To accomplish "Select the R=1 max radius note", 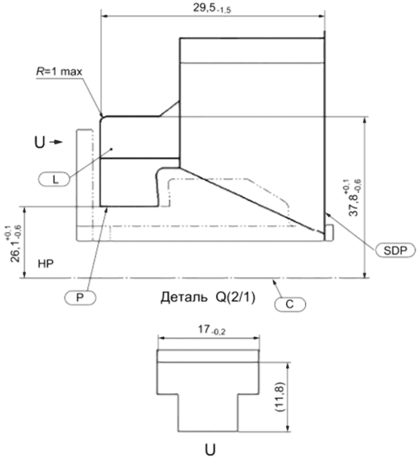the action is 59,72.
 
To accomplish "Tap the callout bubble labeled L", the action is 54,179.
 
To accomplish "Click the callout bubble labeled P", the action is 80,298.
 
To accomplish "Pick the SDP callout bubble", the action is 395,250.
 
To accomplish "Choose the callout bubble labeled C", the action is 290,304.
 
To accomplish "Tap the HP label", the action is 46,264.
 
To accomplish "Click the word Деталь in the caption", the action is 184,298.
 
